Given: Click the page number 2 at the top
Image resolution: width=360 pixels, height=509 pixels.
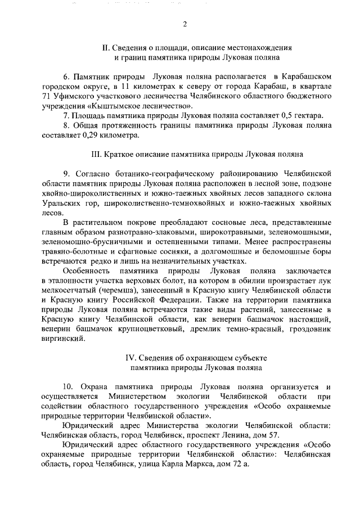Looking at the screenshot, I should pos(184,24).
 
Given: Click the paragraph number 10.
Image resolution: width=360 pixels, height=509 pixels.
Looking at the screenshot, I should pos(68,387).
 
